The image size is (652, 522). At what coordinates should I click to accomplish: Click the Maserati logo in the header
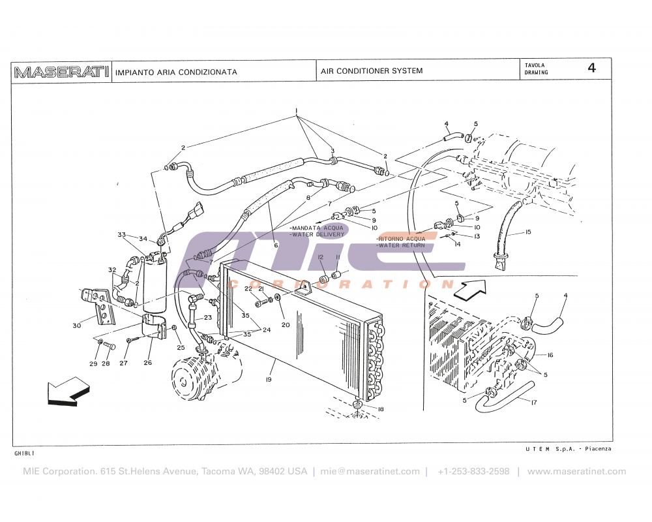[61, 72]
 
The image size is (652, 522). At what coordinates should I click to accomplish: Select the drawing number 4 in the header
[591, 69]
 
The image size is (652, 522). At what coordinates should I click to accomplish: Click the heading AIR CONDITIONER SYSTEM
[371, 71]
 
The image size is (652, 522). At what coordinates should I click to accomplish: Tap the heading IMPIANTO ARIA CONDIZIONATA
[176, 72]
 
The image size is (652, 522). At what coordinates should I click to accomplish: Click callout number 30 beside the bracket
[77, 325]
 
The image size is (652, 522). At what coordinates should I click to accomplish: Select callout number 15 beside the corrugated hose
[527, 232]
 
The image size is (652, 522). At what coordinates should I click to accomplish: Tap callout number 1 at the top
[296, 110]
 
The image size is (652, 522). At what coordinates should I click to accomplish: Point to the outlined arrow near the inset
[467, 289]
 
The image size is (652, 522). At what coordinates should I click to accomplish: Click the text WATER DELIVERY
[318, 234]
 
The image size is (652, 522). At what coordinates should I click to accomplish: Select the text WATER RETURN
[402, 245]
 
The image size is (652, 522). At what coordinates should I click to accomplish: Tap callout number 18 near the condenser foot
[381, 408]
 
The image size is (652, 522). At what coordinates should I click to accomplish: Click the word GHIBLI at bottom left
[24, 452]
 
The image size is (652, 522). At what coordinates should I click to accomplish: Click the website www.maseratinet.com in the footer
[576, 472]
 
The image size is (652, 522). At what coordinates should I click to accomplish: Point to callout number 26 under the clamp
[148, 363]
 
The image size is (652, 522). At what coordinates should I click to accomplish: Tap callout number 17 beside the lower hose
[534, 403]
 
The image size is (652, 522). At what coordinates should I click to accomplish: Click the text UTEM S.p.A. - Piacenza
[568, 449]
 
